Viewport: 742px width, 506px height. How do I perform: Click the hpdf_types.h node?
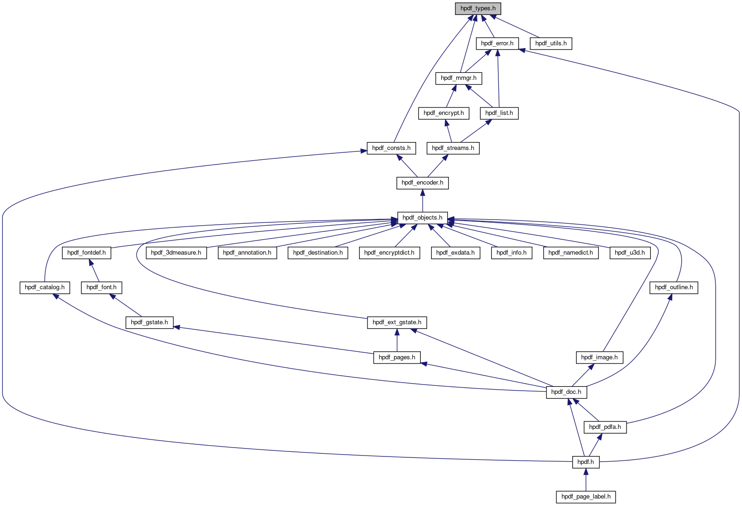pyautogui.click(x=478, y=8)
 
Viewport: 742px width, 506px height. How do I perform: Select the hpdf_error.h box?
pyautogui.click(x=497, y=43)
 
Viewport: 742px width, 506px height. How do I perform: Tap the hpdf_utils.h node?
pyautogui.click(x=551, y=43)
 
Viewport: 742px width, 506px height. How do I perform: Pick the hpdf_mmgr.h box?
pyautogui.click(x=459, y=78)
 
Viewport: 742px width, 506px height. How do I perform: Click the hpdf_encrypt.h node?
pyautogui.click(x=444, y=113)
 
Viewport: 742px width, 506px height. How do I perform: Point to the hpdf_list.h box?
pyautogui.click(x=499, y=113)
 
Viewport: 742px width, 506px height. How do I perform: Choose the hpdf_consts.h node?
pyautogui.click(x=391, y=148)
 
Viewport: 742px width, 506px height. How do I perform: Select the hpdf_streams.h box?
pyautogui.click(x=453, y=148)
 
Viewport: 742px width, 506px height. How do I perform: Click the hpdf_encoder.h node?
pyautogui.click(x=422, y=183)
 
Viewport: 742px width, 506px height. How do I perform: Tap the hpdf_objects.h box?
pyautogui.click(x=422, y=218)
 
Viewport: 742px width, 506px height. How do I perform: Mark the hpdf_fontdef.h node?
pyautogui.click(x=86, y=253)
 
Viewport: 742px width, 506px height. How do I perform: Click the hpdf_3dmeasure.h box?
pyautogui.click(x=176, y=253)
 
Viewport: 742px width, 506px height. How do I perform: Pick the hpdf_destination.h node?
pyautogui.click(x=318, y=253)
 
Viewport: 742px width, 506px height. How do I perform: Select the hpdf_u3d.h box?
pyautogui.click(x=630, y=253)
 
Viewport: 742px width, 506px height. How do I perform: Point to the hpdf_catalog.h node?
pyautogui.click(x=45, y=287)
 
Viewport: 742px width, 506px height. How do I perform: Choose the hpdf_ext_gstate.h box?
pyautogui.click(x=397, y=322)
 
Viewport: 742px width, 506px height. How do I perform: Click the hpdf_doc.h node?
pyautogui.click(x=566, y=392)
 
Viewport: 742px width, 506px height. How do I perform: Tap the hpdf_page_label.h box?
pyautogui.click(x=586, y=497)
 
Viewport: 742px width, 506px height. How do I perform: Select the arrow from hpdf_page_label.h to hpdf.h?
pyautogui.click(x=586, y=479)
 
